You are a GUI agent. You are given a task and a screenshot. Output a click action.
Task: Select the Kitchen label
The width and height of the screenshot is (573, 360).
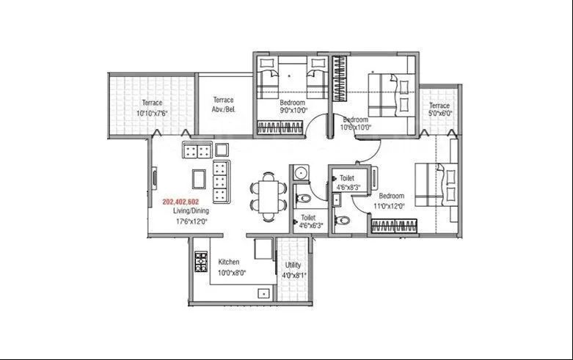(229, 262)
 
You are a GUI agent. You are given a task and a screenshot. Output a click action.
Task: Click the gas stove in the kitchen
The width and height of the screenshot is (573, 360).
(201, 262)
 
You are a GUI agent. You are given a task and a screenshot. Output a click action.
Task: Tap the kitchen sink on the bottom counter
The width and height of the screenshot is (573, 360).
(262, 293)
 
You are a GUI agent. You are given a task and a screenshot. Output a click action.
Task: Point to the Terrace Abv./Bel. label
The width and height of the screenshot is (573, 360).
(223, 105)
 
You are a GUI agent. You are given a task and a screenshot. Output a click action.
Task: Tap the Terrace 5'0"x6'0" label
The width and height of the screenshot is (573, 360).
(439, 110)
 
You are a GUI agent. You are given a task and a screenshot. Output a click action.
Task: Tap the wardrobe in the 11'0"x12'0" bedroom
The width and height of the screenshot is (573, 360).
(396, 227)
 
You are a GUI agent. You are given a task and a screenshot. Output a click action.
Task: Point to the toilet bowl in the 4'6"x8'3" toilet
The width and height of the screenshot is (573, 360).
(342, 220)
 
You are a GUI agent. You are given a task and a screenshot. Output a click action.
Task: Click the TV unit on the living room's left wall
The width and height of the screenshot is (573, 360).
(155, 178)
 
